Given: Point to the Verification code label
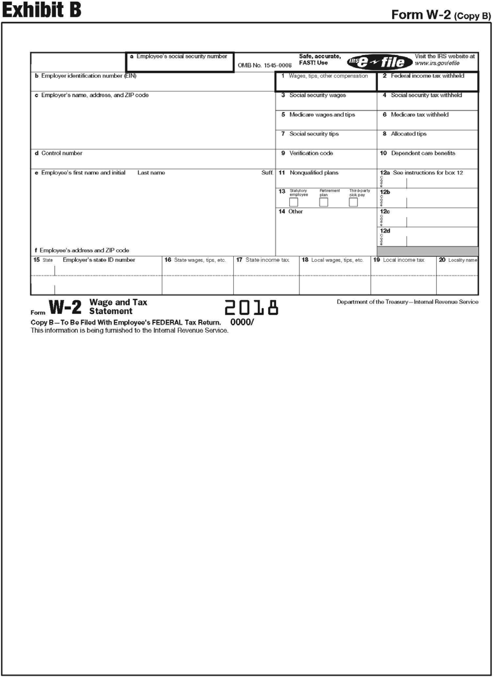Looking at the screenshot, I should click(x=311, y=153).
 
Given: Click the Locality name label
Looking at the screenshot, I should click(x=462, y=260).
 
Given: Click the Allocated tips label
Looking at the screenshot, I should click(x=409, y=134).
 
